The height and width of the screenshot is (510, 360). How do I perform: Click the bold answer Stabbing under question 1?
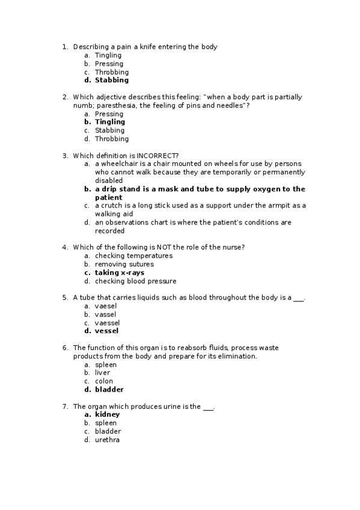(x=112, y=80)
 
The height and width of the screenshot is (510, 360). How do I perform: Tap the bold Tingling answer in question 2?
(x=110, y=122)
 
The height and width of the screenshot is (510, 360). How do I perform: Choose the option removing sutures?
(x=124, y=264)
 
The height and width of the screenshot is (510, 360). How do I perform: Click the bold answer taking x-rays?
(x=120, y=272)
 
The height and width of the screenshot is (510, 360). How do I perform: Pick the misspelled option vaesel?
(x=106, y=306)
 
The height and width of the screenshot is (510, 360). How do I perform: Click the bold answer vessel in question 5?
(x=107, y=331)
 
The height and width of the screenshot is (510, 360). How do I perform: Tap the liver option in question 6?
(x=102, y=373)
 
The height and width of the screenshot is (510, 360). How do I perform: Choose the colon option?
(x=104, y=381)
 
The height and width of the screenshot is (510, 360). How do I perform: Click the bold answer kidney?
(x=108, y=414)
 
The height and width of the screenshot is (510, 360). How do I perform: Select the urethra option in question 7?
(x=107, y=440)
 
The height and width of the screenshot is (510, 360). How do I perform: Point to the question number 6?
(x=65, y=348)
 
